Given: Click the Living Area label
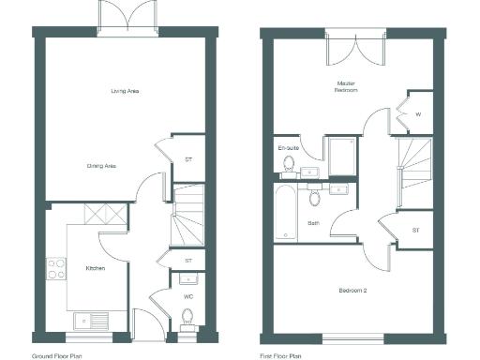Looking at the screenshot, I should pyautogui.click(x=125, y=91).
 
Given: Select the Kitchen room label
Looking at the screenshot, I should pyautogui.click(x=95, y=269).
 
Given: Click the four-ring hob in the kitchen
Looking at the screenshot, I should pyautogui.click(x=56, y=269).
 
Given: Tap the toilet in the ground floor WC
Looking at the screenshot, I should pyautogui.click(x=187, y=317).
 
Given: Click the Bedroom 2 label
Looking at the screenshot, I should pyautogui.click(x=352, y=291).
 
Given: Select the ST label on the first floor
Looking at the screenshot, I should pyautogui.click(x=415, y=230).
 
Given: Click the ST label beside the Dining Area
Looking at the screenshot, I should pyautogui.click(x=188, y=160).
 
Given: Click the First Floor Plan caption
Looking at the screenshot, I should pyautogui.click(x=281, y=356).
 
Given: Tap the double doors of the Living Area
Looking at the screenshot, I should pyautogui.click(x=125, y=19).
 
